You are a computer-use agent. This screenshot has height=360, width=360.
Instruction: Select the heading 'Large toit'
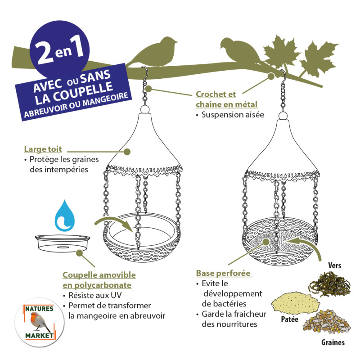(43, 149)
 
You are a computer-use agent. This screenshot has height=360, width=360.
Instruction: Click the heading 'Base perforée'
(223, 274)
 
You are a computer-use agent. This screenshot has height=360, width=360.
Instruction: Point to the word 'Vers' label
(335, 265)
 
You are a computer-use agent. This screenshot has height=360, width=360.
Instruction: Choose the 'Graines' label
(333, 343)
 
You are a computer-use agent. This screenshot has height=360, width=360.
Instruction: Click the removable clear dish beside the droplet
(63, 243)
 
